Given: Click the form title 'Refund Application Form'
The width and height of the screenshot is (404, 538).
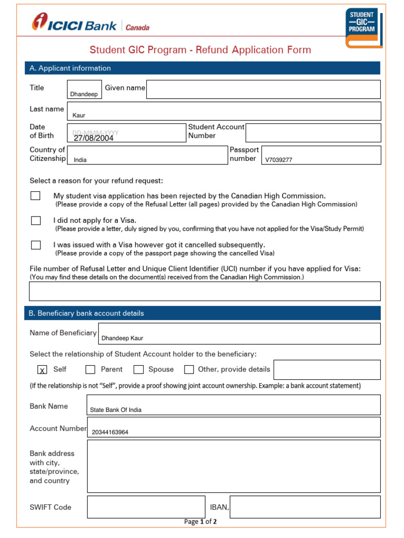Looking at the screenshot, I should (x=200, y=50).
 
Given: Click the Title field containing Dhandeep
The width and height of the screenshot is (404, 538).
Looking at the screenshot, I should (x=84, y=89).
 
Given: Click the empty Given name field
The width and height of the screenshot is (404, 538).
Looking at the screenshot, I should (x=263, y=89).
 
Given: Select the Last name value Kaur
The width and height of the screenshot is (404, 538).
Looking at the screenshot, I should (x=79, y=115).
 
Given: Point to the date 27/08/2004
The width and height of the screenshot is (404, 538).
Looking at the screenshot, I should (x=94, y=138).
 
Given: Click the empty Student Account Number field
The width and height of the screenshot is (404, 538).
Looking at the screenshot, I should (x=313, y=133).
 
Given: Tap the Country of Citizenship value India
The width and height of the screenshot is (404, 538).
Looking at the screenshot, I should (x=80, y=160).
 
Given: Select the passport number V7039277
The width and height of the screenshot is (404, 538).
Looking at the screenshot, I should (x=279, y=160).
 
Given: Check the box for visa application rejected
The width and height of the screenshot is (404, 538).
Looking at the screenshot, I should (x=35, y=195).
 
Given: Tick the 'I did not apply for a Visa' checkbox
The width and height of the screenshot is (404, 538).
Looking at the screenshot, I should (x=35, y=221).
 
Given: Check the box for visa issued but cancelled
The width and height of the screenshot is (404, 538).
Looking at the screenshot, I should (x=35, y=245).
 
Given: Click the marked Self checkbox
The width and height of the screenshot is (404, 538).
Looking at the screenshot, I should (x=42, y=370).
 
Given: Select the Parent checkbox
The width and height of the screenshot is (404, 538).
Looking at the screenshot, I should (x=90, y=369).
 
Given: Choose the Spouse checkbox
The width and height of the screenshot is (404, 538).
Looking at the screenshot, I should (x=138, y=369).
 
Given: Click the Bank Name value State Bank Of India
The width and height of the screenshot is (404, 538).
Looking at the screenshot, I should (x=116, y=410).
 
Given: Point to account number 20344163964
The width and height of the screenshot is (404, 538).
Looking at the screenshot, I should (x=110, y=432).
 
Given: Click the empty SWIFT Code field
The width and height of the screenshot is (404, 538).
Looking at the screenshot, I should (x=146, y=507).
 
